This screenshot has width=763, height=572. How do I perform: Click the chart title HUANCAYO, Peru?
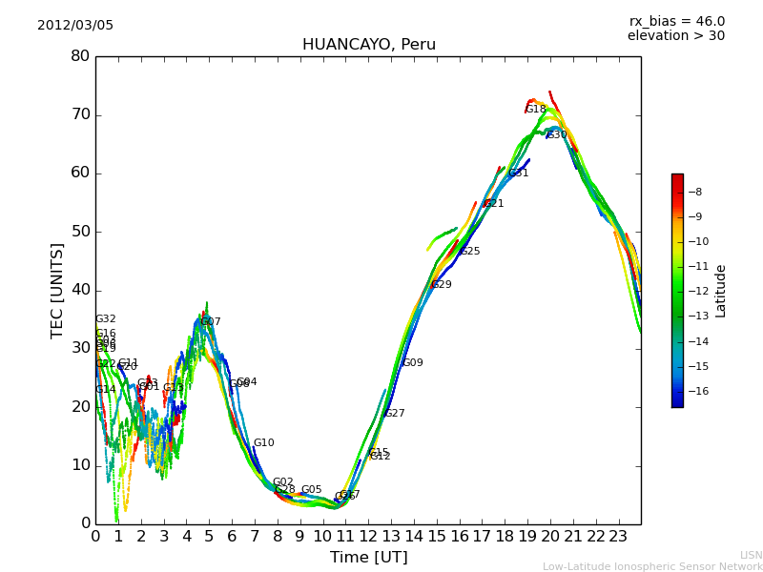368,45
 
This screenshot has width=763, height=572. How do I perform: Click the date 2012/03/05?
75,25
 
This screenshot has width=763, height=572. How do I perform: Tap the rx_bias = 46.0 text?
676,21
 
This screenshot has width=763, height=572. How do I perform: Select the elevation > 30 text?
675,36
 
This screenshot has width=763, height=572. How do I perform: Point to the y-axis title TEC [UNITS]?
58,290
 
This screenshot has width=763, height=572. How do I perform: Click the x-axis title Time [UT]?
368,557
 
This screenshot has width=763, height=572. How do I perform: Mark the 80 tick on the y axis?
80,56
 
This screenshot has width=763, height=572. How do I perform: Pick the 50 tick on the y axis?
80,232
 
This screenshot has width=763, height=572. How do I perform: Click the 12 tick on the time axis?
368,537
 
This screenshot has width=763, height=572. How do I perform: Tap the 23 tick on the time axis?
618,537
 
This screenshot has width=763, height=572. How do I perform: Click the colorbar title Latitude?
721,291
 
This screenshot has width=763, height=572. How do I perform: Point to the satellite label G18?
536,110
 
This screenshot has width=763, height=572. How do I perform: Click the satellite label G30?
556,135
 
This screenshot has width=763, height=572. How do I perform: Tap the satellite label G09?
412,363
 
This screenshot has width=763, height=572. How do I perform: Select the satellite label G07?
210,322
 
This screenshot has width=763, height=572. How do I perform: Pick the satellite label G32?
105,319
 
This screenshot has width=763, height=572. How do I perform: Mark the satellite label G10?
263,443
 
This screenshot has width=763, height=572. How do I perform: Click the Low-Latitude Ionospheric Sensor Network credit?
652,566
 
